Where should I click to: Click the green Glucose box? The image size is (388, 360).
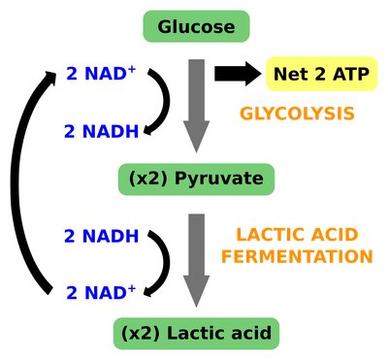coord(196,27)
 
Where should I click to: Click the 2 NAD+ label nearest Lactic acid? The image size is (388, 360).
coord(99,291)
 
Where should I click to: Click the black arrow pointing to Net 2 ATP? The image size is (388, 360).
coord(237,73)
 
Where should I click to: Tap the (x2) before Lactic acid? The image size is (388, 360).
coord(142,334)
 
